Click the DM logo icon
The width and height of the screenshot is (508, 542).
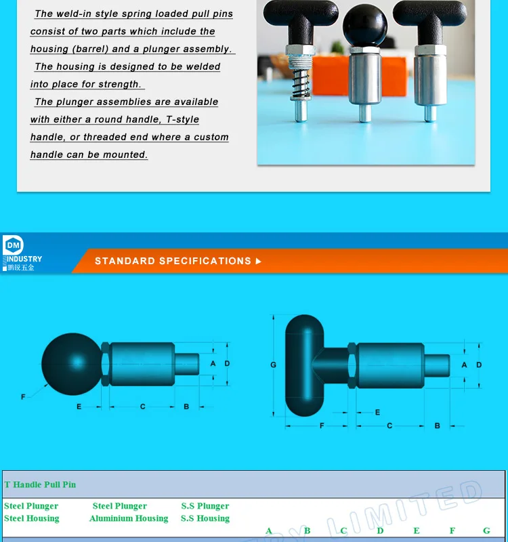click(x=13, y=245)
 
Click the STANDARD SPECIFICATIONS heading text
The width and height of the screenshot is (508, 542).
click(x=173, y=261)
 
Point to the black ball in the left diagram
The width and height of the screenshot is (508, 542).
click(x=70, y=364)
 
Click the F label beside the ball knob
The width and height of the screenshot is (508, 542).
click(x=24, y=396)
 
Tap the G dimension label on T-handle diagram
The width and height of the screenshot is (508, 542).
click(x=274, y=364)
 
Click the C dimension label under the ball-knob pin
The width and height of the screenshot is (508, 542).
click(x=143, y=406)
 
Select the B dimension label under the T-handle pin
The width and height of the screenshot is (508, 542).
click(x=437, y=425)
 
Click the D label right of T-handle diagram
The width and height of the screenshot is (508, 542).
click(x=479, y=364)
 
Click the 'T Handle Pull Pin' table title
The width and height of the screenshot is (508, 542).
click(x=40, y=484)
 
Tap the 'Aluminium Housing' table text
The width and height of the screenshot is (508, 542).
click(x=129, y=518)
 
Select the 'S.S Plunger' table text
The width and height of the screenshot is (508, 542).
click(x=205, y=506)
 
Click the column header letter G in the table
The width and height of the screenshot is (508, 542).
click(x=486, y=530)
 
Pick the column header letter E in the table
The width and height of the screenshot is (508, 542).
click(x=417, y=530)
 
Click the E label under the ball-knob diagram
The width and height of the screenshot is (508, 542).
click(x=79, y=406)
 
